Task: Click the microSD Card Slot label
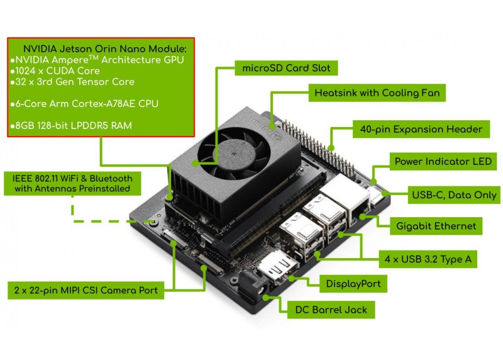tap(286, 68)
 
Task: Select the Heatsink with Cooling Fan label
tap(377, 93)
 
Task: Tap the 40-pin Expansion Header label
tap(421, 129)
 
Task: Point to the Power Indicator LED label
tap(443, 161)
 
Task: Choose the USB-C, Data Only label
tap(454, 194)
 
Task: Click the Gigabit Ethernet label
tap(436, 226)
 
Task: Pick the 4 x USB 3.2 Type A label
tap(428, 259)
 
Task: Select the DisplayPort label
tap(353, 284)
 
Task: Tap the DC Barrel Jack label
tap(331, 310)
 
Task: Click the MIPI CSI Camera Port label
tap(86, 290)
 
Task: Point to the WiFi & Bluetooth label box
tap(72, 183)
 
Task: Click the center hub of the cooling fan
tap(232, 154)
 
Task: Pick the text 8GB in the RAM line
tap(25, 126)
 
